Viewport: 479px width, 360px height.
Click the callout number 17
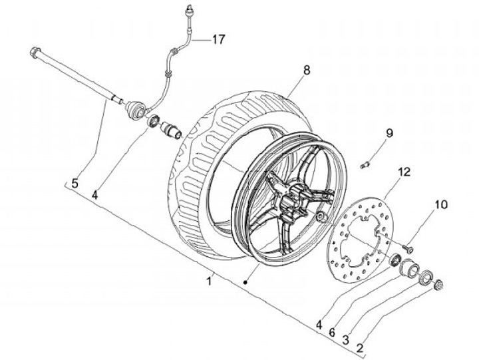(x=218, y=39)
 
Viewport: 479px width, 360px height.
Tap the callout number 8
(x=306, y=69)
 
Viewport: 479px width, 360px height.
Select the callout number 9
(x=389, y=133)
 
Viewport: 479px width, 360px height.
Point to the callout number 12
(x=402, y=172)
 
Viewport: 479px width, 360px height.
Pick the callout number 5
(x=75, y=181)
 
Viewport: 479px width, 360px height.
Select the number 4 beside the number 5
(x=95, y=196)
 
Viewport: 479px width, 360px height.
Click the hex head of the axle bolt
(x=34, y=52)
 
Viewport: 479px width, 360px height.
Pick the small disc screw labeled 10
(x=407, y=249)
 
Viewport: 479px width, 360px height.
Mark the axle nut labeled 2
(x=438, y=286)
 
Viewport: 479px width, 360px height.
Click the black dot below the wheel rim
(x=245, y=283)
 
